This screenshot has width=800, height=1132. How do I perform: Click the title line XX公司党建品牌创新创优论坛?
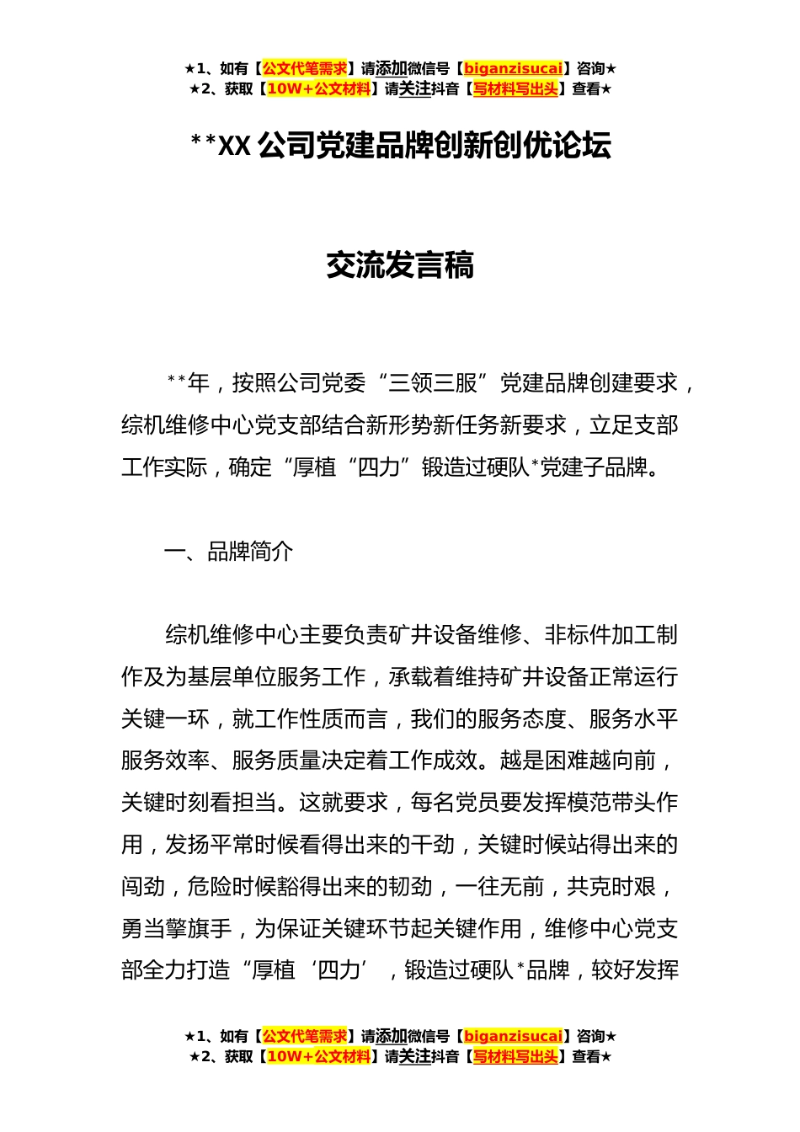pyautogui.click(x=401, y=146)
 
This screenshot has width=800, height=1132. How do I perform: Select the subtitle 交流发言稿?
pyautogui.click(x=400, y=265)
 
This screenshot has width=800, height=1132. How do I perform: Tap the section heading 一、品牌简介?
pyautogui.click(x=228, y=552)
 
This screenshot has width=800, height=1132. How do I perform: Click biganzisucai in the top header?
pyautogui.click(x=513, y=69)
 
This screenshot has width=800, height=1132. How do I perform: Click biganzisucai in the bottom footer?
pyautogui.click(x=513, y=1037)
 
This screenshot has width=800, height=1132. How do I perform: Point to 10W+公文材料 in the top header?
pyautogui.click(x=318, y=89)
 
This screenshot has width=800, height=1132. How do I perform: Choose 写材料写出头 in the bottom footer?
pyautogui.click(x=515, y=1057)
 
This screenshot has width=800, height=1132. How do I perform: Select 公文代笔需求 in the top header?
pyautogui.click(x=304, y=69)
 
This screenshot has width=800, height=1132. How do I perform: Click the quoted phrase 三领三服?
pyautogui.click(x=433, y=383)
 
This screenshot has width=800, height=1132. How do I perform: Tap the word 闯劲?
pyautogui.click(x=143, y=887)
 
